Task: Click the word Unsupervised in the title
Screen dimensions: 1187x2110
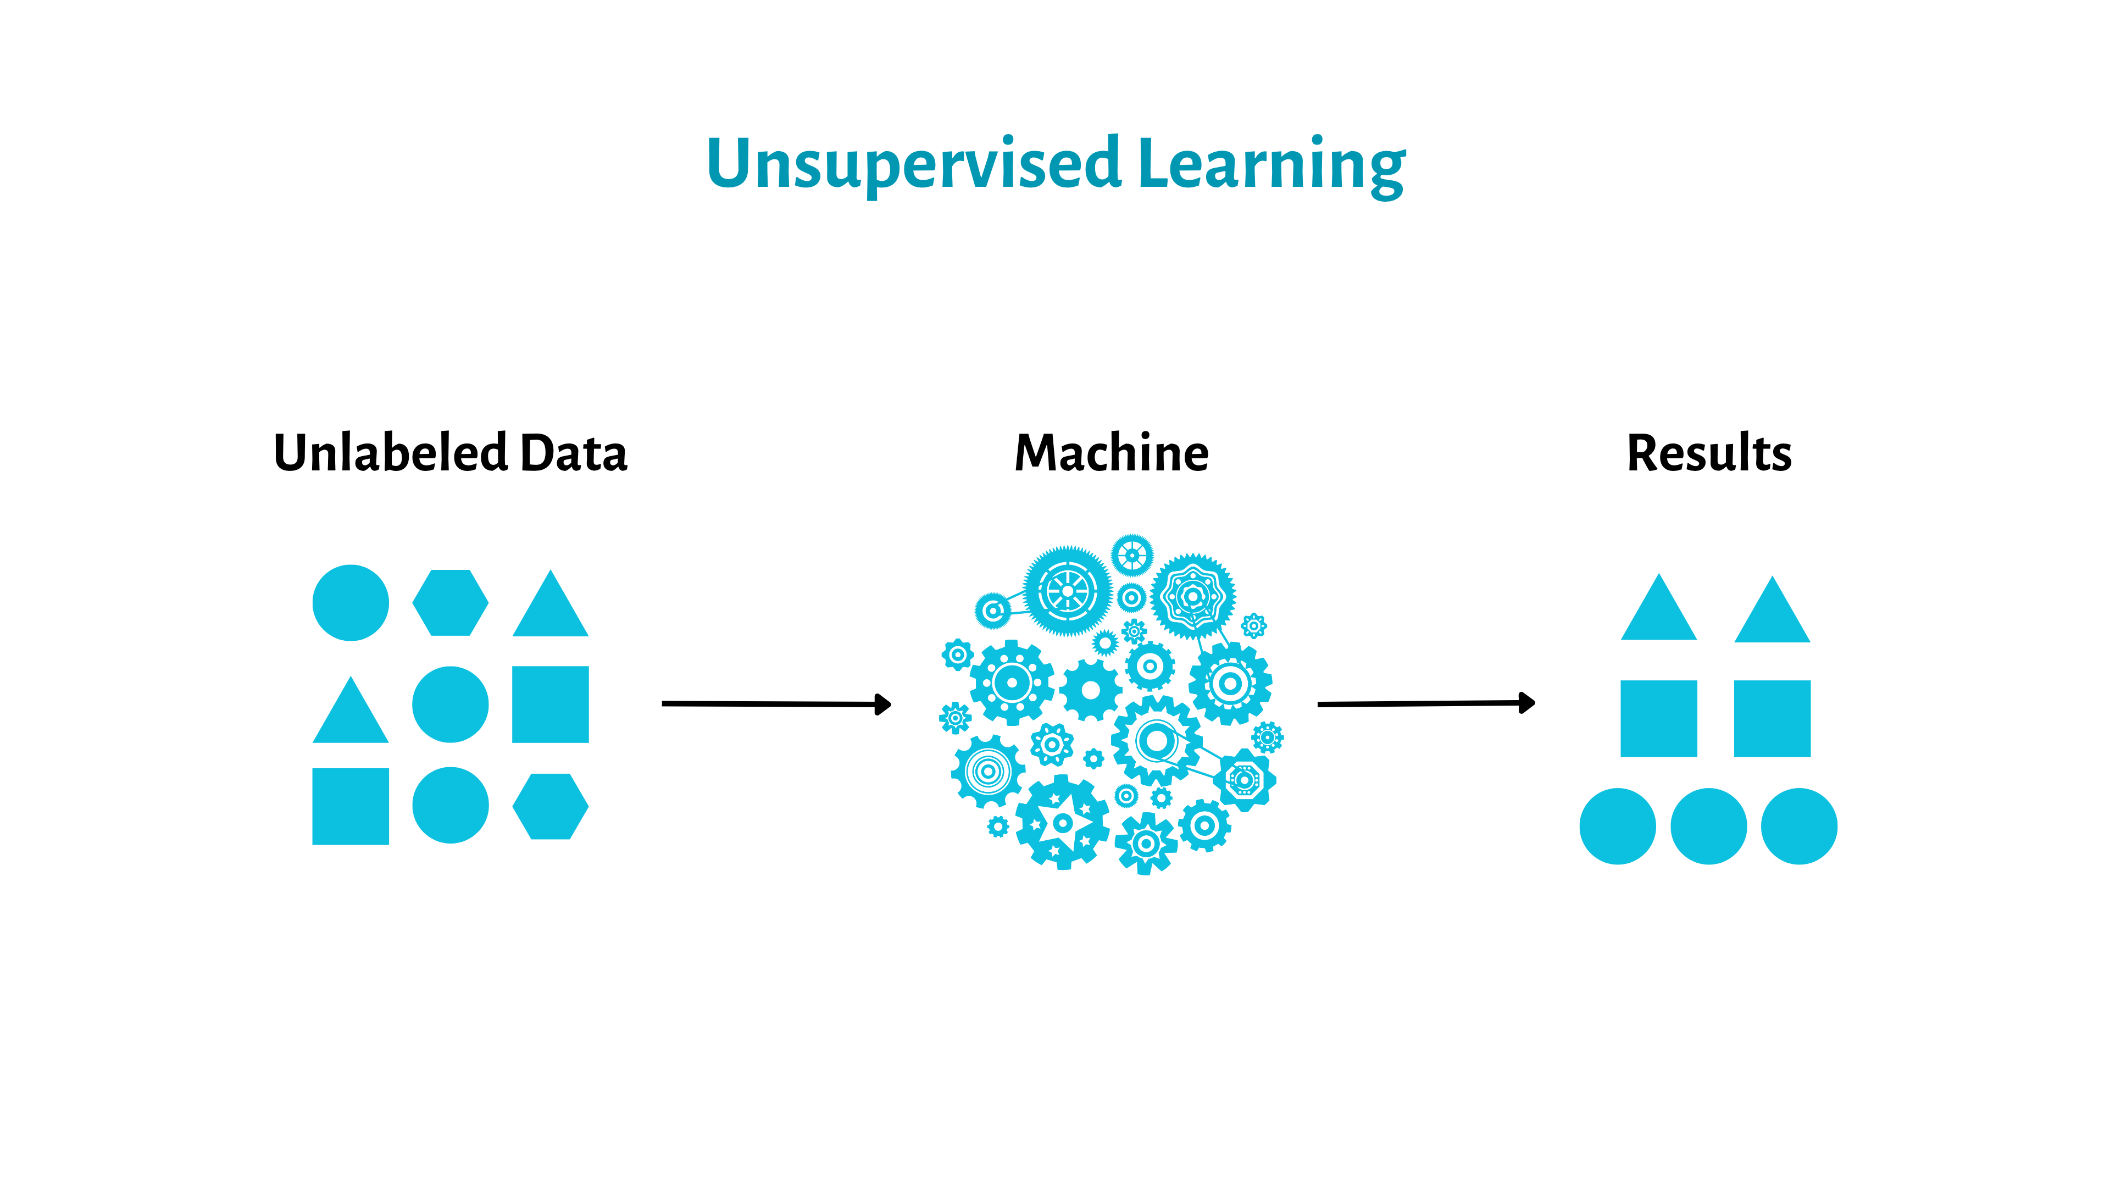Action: pos(913,164)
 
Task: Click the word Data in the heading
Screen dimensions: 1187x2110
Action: pos(573,453)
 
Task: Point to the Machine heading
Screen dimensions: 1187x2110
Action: pos(1112,453)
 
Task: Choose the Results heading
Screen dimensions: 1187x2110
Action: pos(1709,453)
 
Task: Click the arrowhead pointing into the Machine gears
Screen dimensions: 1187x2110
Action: pos(883,705)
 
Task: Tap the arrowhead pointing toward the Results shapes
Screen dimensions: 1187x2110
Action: pos(1527,703)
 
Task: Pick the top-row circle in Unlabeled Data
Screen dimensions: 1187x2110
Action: pos(351,603)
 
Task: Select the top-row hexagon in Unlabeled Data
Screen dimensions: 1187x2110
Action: pos(451,603)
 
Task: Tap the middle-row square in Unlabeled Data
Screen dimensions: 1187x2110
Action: pos(551,705)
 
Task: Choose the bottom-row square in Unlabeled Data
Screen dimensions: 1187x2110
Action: pos(351,806)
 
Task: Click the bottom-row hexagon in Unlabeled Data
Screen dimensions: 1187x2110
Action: pos(551,806)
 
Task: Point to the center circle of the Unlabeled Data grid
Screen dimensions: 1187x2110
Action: pos(451,705)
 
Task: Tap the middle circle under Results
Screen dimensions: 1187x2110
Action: pos(1709,827)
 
